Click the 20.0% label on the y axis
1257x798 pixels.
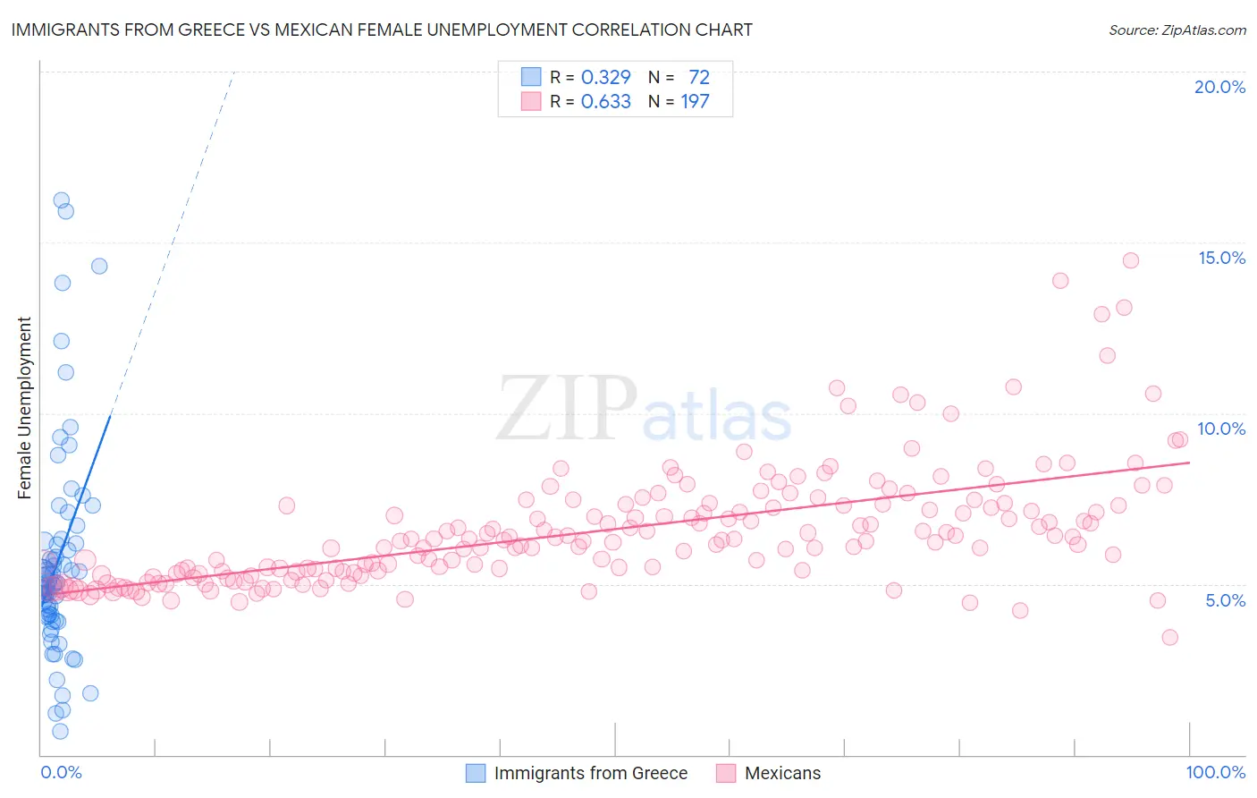[1219, 87]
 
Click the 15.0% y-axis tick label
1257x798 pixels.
[1221, 258]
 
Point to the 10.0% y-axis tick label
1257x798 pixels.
[1221, 429]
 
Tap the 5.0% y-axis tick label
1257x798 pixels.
[1225, 600]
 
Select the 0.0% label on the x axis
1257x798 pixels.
[61, 772]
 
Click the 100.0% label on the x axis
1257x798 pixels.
[1215, 772]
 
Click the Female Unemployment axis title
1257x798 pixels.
[24, 407]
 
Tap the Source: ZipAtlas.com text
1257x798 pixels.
[1177, 30]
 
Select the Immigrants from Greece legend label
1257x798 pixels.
[590, 773]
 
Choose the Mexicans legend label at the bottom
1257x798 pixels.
[782, 773]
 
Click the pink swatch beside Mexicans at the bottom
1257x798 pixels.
[725, 773]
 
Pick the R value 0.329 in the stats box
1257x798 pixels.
[605, 77]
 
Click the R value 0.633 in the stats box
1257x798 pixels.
[605, 101]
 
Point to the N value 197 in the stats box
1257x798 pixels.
[695, 101]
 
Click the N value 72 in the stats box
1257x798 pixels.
[698, 77]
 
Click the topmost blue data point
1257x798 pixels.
[62, 200]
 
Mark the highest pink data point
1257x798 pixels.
[1130, 260]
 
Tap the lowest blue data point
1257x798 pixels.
[60, 731]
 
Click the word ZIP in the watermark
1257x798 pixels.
[567, 408]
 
